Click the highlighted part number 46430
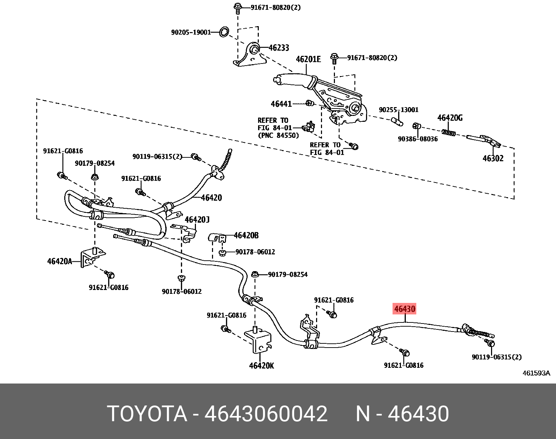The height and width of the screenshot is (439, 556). [x=404, y=309]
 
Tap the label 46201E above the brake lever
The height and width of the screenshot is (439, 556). [x=308, y=59]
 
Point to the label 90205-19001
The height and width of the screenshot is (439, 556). [x=191, y=32]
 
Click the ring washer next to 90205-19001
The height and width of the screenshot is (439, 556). [x=224, y=32]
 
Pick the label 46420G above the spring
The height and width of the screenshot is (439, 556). [x=450, y=118]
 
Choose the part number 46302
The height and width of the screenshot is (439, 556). [x=493, y=158]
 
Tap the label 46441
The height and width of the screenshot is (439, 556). [x=281, y=104]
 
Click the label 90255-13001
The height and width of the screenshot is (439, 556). [x=398, y=110]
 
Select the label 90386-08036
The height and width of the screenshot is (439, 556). [x=418, y=139]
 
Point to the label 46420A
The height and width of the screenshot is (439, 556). [x=59, y=261]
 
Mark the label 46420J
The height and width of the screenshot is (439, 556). [x=197, y=219]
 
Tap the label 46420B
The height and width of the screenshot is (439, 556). [x=246, y=236]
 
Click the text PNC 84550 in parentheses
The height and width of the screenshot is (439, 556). [x=278, y=135]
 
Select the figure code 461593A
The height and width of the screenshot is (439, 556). [x=536, y=373]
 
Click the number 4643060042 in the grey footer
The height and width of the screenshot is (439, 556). [x=266, y=414]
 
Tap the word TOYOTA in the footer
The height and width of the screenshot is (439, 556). [x=147, y=414]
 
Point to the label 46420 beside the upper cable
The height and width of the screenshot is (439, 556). [x=211, y=198]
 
